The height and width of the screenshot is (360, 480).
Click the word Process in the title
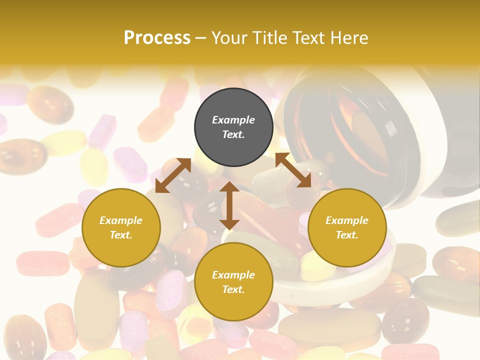point(157,38)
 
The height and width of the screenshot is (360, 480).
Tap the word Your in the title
point(228,38)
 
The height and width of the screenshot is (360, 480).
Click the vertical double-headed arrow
point(229,206)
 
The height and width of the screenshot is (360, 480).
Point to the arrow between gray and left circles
point(173,175)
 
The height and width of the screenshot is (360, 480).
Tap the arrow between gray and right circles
point(293,170)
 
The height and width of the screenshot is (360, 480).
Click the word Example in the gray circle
point(233,120)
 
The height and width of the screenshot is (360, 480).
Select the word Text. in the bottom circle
point(233,289)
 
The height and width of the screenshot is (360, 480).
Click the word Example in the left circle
point(121,220)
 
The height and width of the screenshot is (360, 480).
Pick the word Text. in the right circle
point(347,235)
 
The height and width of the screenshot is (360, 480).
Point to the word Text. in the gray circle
point(233,134)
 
